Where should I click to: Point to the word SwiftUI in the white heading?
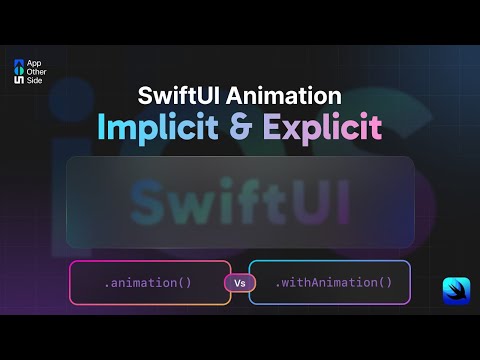(x=180, y=97)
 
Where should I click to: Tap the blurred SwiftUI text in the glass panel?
(x=240, y=202)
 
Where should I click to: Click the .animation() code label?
(x=148, y=283)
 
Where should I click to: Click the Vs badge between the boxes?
(x=240, y=283)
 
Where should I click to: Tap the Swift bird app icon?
(x=457, y=290)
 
